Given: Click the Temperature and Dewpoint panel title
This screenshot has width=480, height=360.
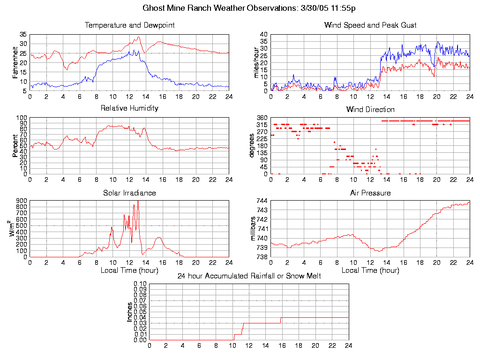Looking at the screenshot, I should pyautogui.click(x=129, y=25).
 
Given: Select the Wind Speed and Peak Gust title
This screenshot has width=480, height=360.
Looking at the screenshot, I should pyautogui.click(x=370, y=25).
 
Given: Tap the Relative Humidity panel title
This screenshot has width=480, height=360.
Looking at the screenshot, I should pyautogui.click(x=129, y=108).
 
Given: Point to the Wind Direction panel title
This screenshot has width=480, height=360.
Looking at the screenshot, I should pyautogui.click(x=370, y=110).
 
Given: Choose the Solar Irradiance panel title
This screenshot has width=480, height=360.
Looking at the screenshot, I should pyautogui.click(x=129, y=193).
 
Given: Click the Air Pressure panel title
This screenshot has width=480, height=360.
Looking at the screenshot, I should pyautogui.click(x=370, y=193).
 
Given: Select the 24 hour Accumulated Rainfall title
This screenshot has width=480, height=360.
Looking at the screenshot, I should pyautogui.click(x=249, y=276).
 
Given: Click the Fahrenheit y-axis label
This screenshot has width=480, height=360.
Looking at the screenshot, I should pyautogui.click(x=15, y=62).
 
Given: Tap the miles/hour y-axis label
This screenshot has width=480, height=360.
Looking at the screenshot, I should pyautogui.click(x=256, y=62).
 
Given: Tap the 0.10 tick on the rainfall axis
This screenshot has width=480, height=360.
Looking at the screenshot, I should pyautogui.click(x=141, y=284).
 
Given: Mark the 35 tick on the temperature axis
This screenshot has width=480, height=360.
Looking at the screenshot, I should pyautogui.click(x=23, y=35).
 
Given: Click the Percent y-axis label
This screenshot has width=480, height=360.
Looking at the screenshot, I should pyautogui.click(x=15, y=146).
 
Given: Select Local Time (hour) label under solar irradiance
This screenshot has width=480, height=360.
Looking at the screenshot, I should pyautogui.click(x=129, y=270).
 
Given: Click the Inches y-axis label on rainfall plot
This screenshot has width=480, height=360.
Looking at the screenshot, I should pyautogui.click(x=130, y=312).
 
